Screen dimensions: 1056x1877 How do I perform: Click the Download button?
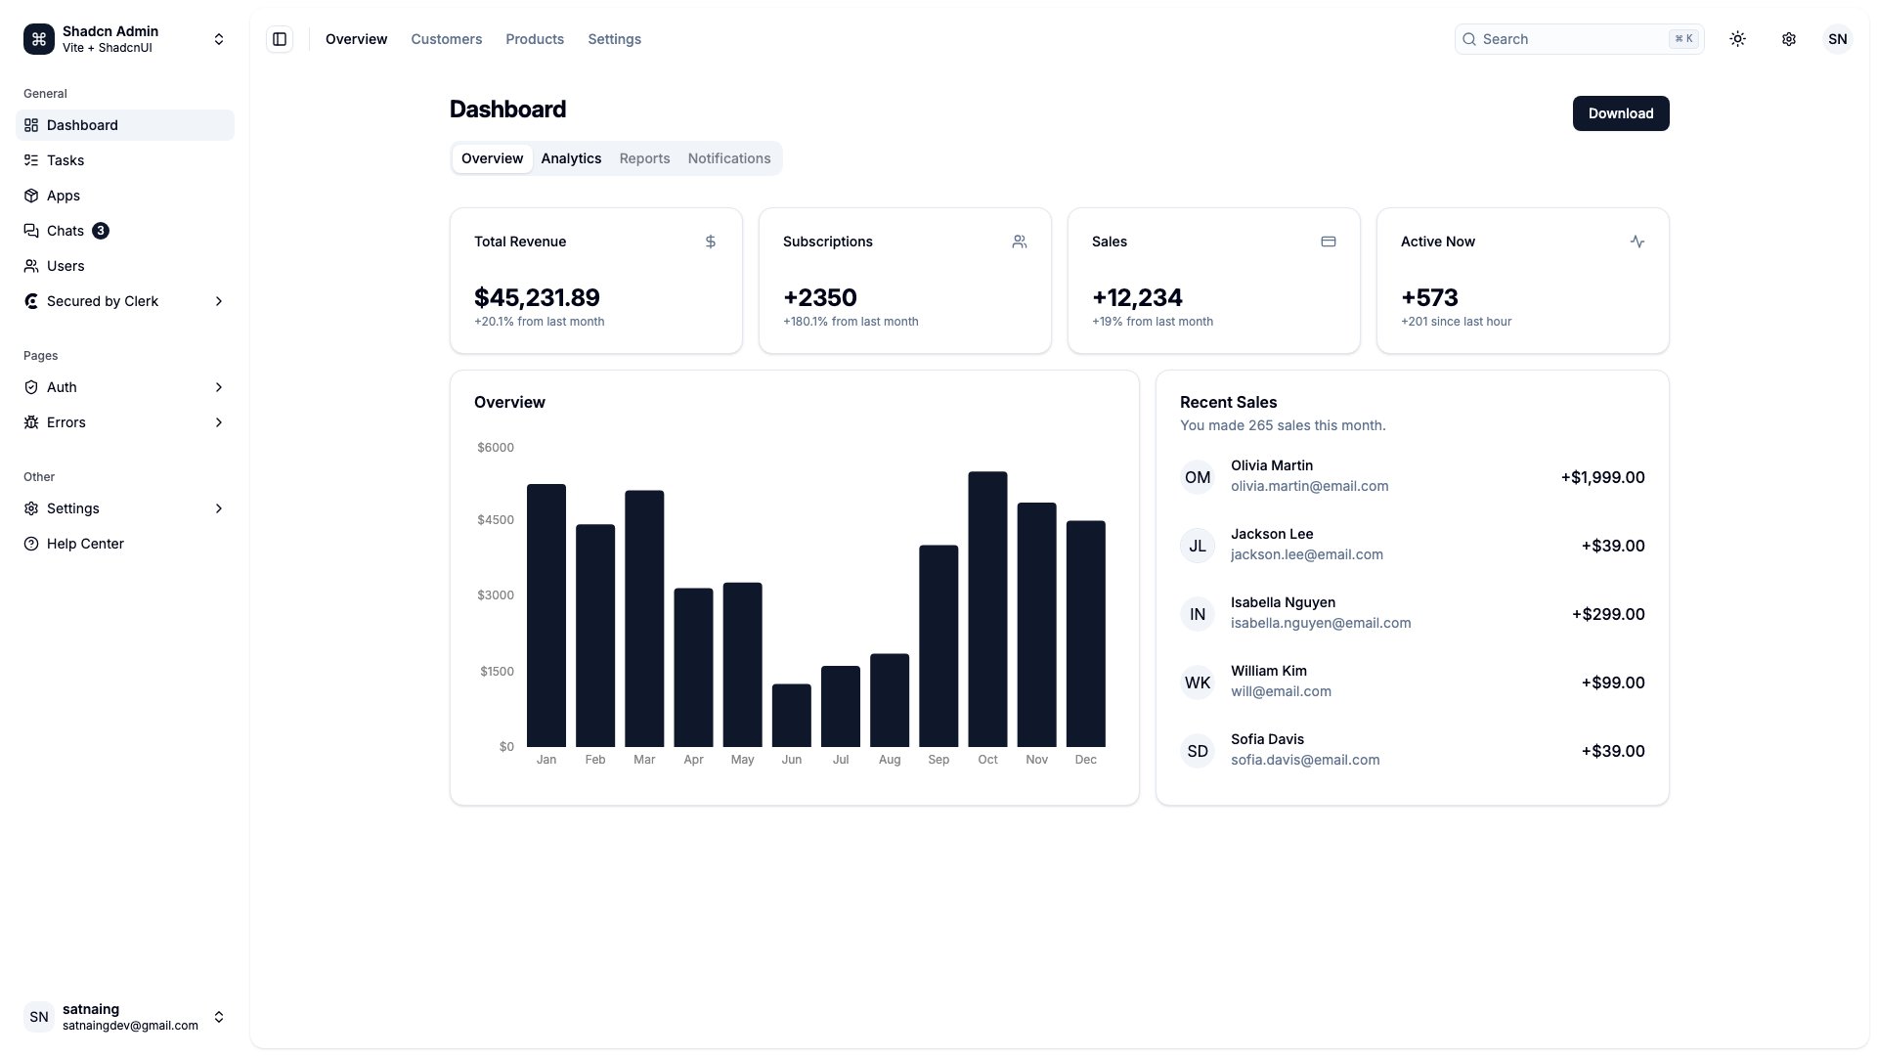pyautogui.click(x=1620, y=113)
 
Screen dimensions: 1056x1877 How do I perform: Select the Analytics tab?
pyautogui.click(x=571, y=158)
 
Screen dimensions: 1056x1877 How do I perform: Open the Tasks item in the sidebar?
pyautogui.click(x=65, y=160)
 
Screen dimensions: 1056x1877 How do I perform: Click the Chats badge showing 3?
pyautogui.click(x=101, y=231)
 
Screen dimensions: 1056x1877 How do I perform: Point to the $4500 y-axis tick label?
pyautogui.click(x=495, y=520)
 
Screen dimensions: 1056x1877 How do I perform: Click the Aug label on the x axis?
pyautogui.click(x=889, y=760)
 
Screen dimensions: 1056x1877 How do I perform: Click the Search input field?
pyautogui.click(x=1564, y=39)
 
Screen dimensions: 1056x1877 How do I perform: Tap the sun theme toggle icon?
pyautogui.click(x=1737, y=39)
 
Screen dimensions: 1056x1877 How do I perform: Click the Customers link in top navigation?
pyautogui.click(x=446, y=39)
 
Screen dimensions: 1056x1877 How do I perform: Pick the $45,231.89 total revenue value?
pyautogui.click(x=537, y=297)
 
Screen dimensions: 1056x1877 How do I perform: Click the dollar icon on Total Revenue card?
pyautogui.click(x=711, y=242)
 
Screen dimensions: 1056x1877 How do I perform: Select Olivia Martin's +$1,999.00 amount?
pyautogui.click(x=1602, y=477)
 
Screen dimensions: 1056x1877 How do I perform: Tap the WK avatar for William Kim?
pyautogui.click(x=1197, y=682)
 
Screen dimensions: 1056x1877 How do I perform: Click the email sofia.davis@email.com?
pyautogui.click(x=1304, y=760)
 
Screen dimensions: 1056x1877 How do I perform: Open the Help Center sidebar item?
pyautogui.click(x=85, y=544)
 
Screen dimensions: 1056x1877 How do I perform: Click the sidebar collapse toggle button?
pyautogui.click(x=280, y=39)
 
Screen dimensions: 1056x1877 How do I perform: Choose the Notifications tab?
pyautogui.click(x=728, y=158)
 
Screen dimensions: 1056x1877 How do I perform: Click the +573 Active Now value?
pyautogui.click(x=1428, y=297)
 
